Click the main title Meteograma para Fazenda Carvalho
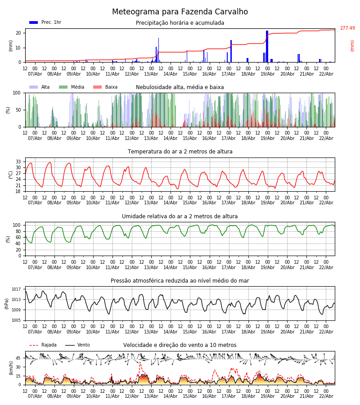click(x=180, y=12)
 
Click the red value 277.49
click(x=347, y=28)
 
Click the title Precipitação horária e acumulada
click(x=180, y=23)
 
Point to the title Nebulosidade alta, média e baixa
click(x=180, y=87)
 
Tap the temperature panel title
click(x=180, y=152)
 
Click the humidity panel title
click(x=180, y=216)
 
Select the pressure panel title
click(x=180, y=281)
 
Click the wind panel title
click(x=180, y=345)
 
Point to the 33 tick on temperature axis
click(x=18, y=162)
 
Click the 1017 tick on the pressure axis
click(x=17, y=289)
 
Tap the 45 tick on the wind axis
click(x=18, y=358)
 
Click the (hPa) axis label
click(x=7, y=303)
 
